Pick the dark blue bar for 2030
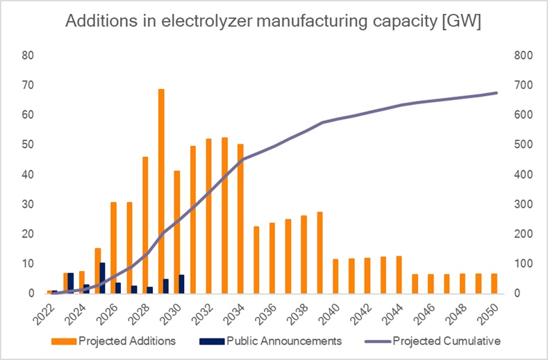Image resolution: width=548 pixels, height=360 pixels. [182, 284]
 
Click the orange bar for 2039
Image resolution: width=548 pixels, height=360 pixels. [319, 253]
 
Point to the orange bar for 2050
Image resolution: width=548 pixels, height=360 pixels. [493, 284]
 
